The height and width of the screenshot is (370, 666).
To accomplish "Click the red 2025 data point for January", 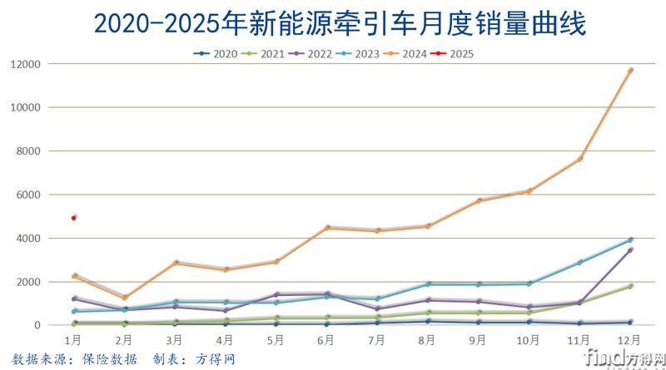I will click(74, 218).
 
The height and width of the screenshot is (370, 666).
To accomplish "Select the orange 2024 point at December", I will click(630, 71).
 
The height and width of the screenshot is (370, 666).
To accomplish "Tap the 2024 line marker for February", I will click(125, 298).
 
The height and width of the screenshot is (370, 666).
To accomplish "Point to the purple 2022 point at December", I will click(630, 249).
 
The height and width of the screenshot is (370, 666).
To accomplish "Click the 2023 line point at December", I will click(630, 240).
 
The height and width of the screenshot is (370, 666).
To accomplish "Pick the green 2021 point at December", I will click(630, 286).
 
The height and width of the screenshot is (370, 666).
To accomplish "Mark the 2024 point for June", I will click(327, 228).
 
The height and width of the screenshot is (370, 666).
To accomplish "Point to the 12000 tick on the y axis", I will click(26, 64).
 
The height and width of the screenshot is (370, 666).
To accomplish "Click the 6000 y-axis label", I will click(29, 195).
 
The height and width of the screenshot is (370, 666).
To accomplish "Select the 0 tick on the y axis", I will click(38, 325).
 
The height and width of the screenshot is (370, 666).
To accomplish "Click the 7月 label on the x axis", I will click(377, 340).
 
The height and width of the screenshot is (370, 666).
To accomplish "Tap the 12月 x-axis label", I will click(630, 340).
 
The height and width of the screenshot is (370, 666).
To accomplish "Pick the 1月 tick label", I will click(74, 340).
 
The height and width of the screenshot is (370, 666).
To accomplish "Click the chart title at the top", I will click(339, 22).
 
